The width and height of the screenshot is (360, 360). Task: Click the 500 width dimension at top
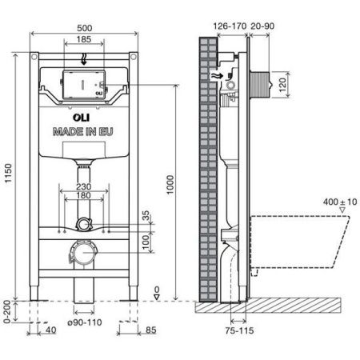tap(83, 26)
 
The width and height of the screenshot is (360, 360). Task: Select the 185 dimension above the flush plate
tap(83, 38)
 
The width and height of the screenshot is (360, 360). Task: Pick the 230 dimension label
tap(83, 188)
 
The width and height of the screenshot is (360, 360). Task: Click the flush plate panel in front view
tap(83, 85)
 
